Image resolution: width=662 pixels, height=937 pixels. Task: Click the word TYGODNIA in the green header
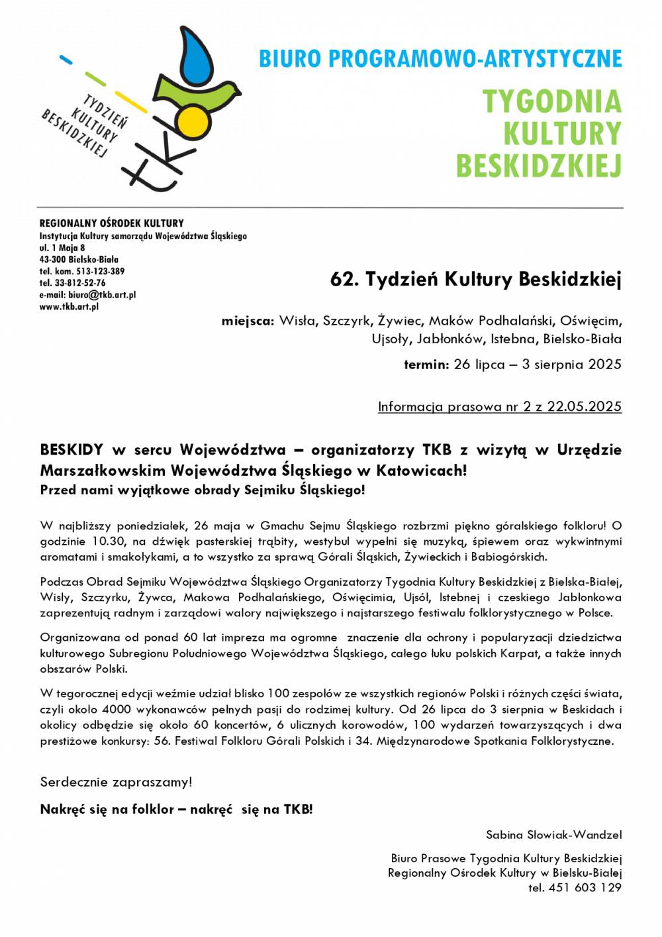[x=552, y=101]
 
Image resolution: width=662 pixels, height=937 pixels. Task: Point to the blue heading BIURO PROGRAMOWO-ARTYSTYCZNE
[x=440, y=59]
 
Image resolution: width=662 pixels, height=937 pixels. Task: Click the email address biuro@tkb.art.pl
[x=102, y=295]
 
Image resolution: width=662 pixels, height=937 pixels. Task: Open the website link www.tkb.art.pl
[x=69, y=307]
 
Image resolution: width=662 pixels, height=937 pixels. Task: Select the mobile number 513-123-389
[x=99, y=271]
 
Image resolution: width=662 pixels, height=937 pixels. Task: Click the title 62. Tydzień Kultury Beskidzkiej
[x=476, y=280]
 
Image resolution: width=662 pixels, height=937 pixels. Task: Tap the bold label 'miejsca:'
[x=248, y=321]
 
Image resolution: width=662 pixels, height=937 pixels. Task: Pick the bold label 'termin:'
[x=426, y=364]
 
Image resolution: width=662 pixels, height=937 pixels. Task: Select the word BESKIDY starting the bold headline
[x=71, y=450]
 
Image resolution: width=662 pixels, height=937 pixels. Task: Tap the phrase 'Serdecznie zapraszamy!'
[x=116, y=782]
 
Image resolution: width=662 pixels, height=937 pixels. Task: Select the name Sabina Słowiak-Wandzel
[x=553, y=834]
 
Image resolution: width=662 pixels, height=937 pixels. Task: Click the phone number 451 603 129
[x=585, y=887]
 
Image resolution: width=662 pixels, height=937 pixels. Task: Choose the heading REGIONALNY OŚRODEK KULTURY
[x=111, y=223]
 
